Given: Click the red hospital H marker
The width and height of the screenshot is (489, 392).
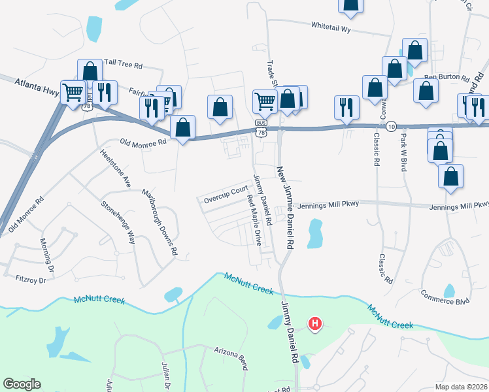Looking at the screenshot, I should point(315,323).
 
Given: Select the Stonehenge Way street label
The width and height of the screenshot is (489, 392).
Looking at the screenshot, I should point(118,221).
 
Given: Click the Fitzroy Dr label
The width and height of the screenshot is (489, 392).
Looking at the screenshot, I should point(30,280).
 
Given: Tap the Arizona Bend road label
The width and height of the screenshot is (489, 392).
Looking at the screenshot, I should point(231,358).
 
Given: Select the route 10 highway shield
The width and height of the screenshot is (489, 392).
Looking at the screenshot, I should point(390,125).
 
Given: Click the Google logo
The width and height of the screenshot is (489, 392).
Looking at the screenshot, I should point(22,384).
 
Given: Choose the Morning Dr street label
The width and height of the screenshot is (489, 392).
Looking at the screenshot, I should point(46,254).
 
